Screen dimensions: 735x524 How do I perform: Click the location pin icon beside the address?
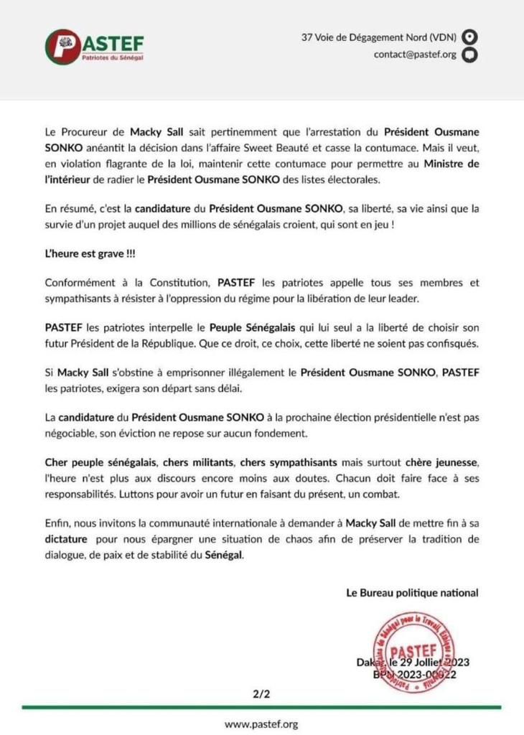click(x=469, y=37)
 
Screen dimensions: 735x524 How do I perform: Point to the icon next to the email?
click(x=469, y=55)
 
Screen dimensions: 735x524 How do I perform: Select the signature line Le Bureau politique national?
click(x=412, y=593)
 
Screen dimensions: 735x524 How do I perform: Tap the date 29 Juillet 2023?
click(x=429, y=662)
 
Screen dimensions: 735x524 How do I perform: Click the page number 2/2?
click(x=261, y=695)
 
